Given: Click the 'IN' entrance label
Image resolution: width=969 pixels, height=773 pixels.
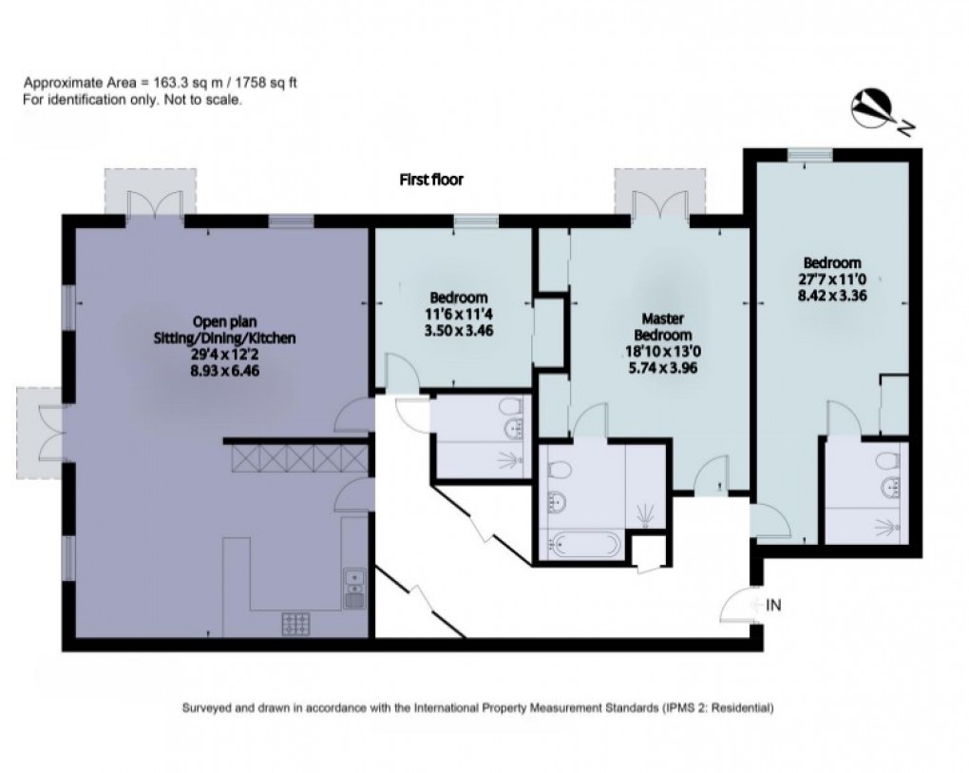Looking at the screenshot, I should click(773, 604).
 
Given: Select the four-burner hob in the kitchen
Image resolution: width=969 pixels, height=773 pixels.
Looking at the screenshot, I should click(296, 625).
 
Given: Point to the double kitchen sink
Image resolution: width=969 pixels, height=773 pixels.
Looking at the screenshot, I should click(354, 588).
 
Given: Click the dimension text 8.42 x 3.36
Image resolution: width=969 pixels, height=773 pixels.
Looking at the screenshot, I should click(833, 295).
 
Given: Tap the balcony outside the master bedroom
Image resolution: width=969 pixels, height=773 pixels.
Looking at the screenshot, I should click(659, 191).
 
